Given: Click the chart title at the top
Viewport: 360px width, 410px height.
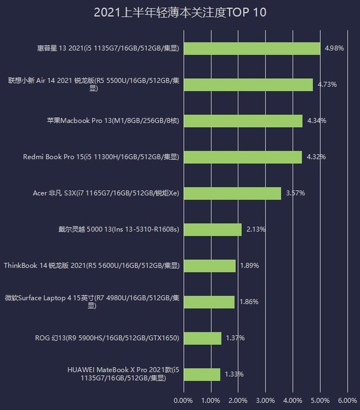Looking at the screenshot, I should pos(180,12).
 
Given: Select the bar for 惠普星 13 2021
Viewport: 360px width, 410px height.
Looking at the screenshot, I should pos(251,48).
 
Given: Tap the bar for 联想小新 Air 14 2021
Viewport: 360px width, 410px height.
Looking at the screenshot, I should pos(248,84).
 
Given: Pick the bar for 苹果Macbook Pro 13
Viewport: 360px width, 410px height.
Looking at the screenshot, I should pos(243,121).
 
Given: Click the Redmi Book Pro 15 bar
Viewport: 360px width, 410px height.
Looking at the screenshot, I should pos(242,157).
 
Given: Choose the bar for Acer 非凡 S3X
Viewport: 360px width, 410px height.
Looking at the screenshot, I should pos(232,193).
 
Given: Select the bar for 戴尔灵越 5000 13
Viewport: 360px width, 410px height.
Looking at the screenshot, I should pos(213,229).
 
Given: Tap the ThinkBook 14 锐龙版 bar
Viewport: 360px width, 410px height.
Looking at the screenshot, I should pos(209,265).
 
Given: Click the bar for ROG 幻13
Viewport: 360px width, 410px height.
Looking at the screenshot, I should pos(202,338).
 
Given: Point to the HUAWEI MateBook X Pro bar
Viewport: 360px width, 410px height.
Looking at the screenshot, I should pos(202,374).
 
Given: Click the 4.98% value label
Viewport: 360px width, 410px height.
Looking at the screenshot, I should pos(334,48).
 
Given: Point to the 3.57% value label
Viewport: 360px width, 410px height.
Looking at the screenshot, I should pos(295,193).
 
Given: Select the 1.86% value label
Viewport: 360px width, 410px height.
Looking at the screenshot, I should pos(249,302).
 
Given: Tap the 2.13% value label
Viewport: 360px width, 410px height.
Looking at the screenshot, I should pos(256,229).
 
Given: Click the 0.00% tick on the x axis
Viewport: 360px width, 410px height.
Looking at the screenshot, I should pos(183,400).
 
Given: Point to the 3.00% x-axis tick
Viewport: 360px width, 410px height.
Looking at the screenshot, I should pos(265,400).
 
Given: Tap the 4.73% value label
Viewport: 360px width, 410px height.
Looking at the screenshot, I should pos(327,84).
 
